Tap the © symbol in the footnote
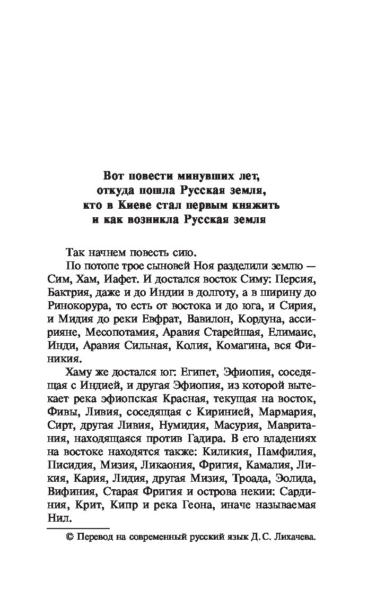[x=68, y=538]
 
